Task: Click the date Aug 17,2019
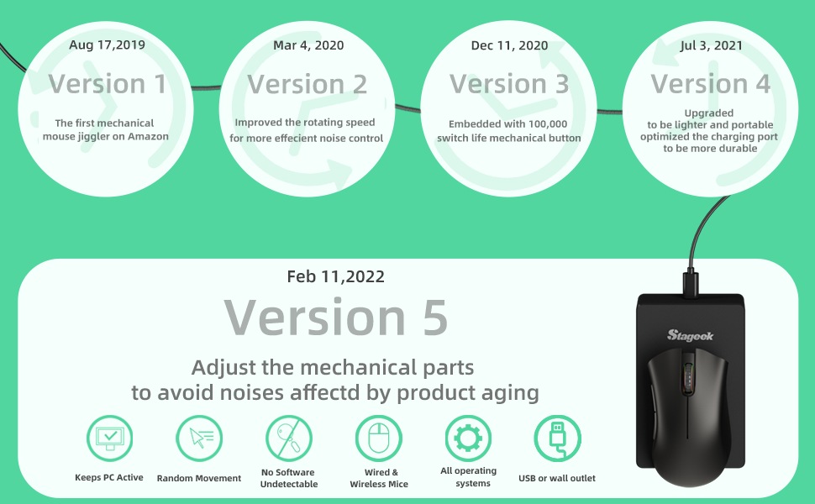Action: (107, 45)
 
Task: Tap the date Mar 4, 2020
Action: (308, 45)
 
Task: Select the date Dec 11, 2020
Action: (509, 45)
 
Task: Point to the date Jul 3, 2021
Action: (711, 45)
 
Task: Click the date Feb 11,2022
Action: (336, 276)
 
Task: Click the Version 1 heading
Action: (108, 84)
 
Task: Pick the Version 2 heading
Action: (308, 84)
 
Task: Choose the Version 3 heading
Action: (509, 84)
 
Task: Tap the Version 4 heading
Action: (711, 84)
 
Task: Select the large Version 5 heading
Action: (336, 317)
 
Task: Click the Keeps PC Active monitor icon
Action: (110, 438)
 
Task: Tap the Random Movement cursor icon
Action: (199, 438)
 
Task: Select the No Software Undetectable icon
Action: (289, 438)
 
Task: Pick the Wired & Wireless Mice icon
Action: (379, 438)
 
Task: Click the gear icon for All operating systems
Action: (468, 438)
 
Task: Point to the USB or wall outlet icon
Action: (558, 438)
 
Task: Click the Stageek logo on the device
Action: (691, 336)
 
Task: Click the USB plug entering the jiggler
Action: (691, 283)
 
